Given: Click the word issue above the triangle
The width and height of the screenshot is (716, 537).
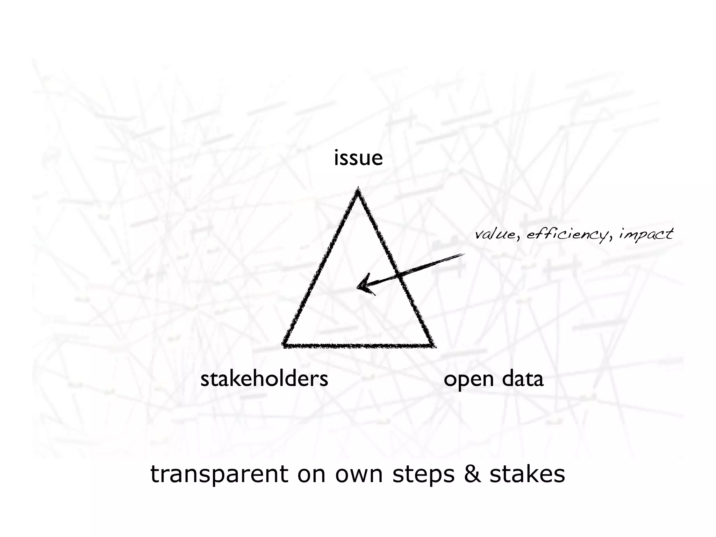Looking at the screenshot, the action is click(358, 158).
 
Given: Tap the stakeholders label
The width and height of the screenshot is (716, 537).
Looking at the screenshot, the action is click(264, 379).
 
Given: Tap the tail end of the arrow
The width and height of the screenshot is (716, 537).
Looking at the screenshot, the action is click(463, 255).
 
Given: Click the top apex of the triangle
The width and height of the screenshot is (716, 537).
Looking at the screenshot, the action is click(358, 189).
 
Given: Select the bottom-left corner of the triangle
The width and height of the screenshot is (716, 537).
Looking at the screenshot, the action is click(284, 345).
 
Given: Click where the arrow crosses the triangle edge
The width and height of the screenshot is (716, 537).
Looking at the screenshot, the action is click(399, 275).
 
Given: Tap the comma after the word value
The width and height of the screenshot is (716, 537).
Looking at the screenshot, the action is click(518, 238).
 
